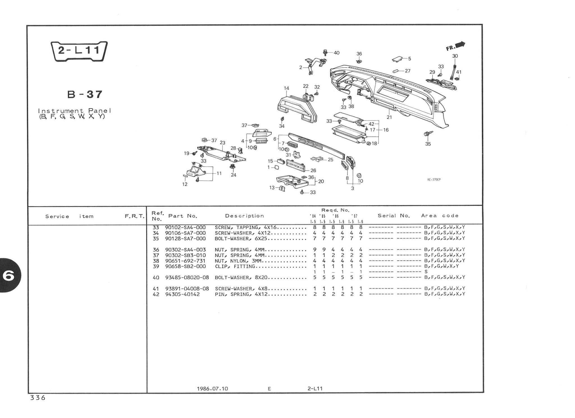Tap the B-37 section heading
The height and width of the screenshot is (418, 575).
(x=85, y=95)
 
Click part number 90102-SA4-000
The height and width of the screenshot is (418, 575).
(x=185, y=227)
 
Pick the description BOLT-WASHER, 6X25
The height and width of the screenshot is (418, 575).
(x=240, y=239)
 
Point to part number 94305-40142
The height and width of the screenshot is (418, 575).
(x=182, y=294)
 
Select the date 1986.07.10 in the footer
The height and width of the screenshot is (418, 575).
(x=212, y=389)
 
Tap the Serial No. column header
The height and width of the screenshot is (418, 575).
(x=394, y=216)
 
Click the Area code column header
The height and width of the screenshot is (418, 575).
(x=440, y=216)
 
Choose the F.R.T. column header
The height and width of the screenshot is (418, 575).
(x=134, y=216)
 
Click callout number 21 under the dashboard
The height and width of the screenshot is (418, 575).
(x=389, y=117)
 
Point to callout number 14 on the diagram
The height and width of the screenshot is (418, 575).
(x=286, y=88)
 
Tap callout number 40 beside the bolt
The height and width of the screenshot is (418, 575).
(x=336, y=53)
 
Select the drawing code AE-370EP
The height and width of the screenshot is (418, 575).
(x=433, y=180)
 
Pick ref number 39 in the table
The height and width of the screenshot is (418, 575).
(x=156, y=266)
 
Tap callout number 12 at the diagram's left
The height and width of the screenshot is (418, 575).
(x=184, y=184)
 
